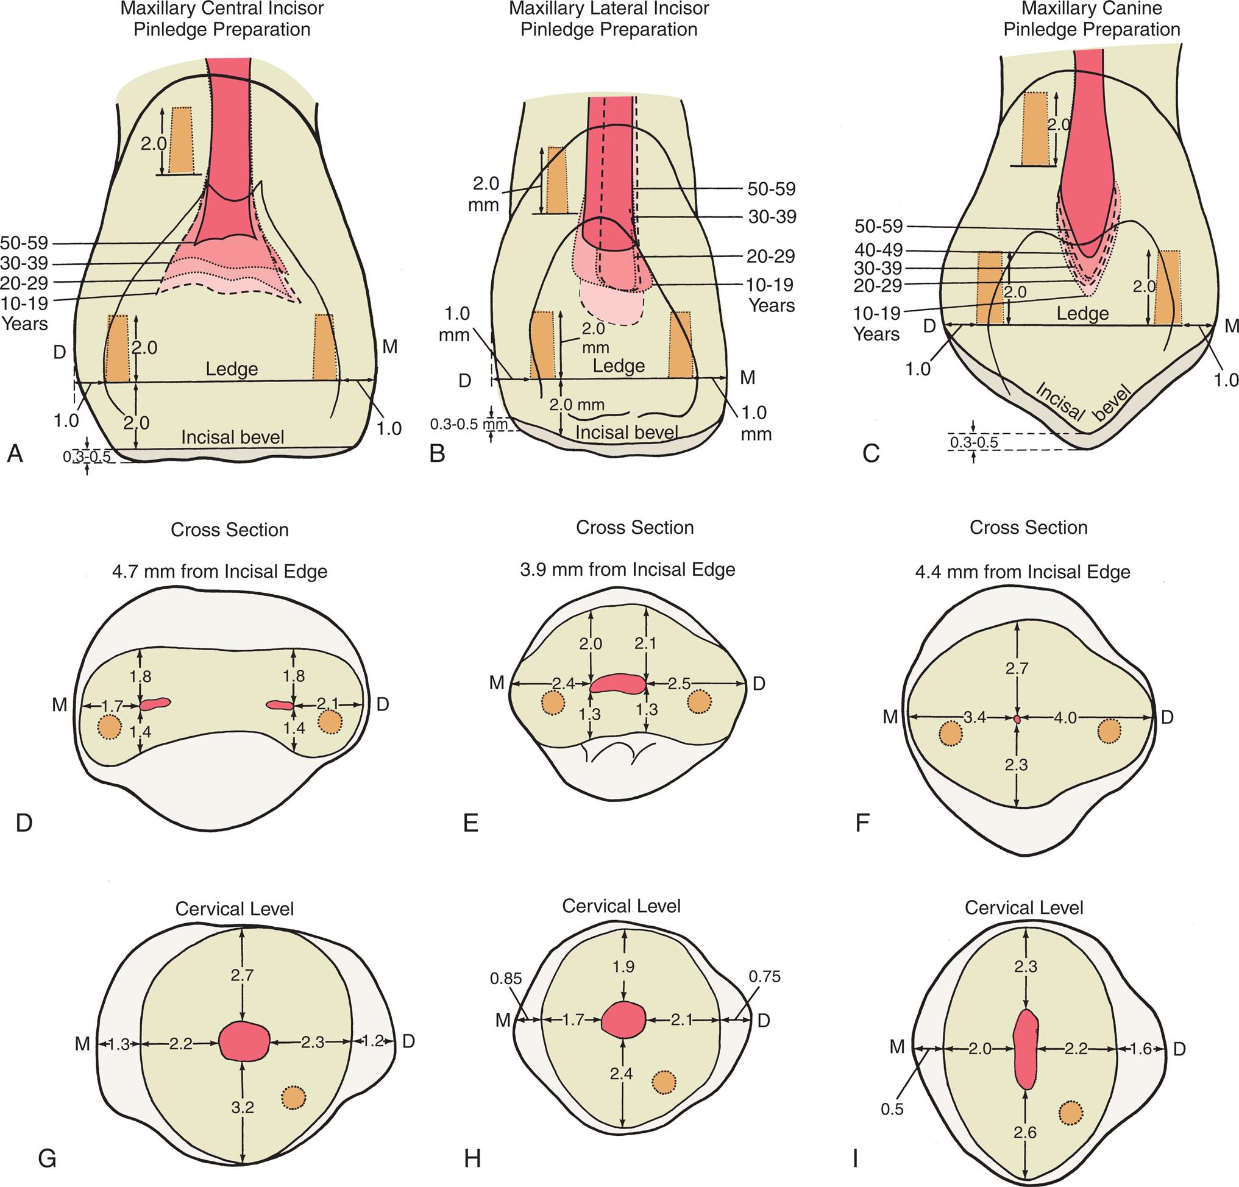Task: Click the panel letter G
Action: (x=48, y=1158)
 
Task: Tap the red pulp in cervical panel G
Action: (x=244, y=1041)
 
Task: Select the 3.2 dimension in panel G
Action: (x=243, y=1107)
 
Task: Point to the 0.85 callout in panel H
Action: (x=506, y=979)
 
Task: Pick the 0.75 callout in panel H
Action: (x=764, y=977)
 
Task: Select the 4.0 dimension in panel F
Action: (x=1065, y=718)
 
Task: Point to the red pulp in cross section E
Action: (x=617, y=682)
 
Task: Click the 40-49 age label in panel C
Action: (x=879, y=250)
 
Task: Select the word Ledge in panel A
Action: (x=232, y=369)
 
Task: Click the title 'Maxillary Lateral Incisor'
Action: (x=609, y=9)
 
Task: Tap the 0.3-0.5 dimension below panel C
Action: (x=973, y=442)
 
